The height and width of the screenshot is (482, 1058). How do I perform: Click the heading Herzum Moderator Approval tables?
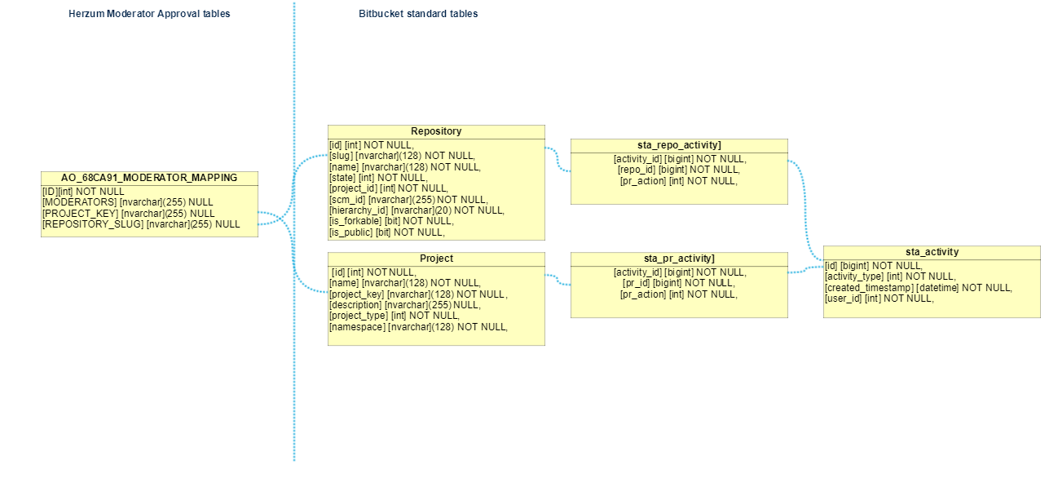point(149,14)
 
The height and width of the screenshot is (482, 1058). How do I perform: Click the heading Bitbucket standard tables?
point(418,14)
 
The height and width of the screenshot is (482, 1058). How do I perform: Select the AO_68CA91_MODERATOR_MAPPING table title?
point(149,178)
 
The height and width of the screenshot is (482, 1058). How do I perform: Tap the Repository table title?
point(436,130)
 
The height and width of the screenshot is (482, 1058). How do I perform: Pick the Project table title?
point(436,259)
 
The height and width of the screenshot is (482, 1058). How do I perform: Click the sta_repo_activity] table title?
point(679,145)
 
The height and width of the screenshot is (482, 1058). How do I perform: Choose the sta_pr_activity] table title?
point(679,259)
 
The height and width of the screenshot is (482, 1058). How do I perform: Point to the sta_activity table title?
point(932,252)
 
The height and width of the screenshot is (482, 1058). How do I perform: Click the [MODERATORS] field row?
point(127,202)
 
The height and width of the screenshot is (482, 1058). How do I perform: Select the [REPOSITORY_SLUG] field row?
point(141,224)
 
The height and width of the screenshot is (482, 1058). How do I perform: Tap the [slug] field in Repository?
point(403,156)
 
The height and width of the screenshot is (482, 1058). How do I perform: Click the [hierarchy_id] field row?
point(417,210)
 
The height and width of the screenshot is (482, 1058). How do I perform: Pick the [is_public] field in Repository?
point(387,232)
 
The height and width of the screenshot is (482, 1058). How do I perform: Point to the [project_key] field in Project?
point(418,294)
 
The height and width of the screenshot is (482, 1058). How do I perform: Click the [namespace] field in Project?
point(418,326)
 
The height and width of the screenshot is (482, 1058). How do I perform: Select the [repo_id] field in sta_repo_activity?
point(679,170)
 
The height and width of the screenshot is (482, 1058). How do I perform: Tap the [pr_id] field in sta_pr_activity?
point(679,283)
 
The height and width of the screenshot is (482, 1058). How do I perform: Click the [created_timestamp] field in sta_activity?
point(918,287)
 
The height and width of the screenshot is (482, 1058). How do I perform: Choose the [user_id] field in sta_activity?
point(879,298)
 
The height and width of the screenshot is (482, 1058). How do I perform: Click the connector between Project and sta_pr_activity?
point(558,280)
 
